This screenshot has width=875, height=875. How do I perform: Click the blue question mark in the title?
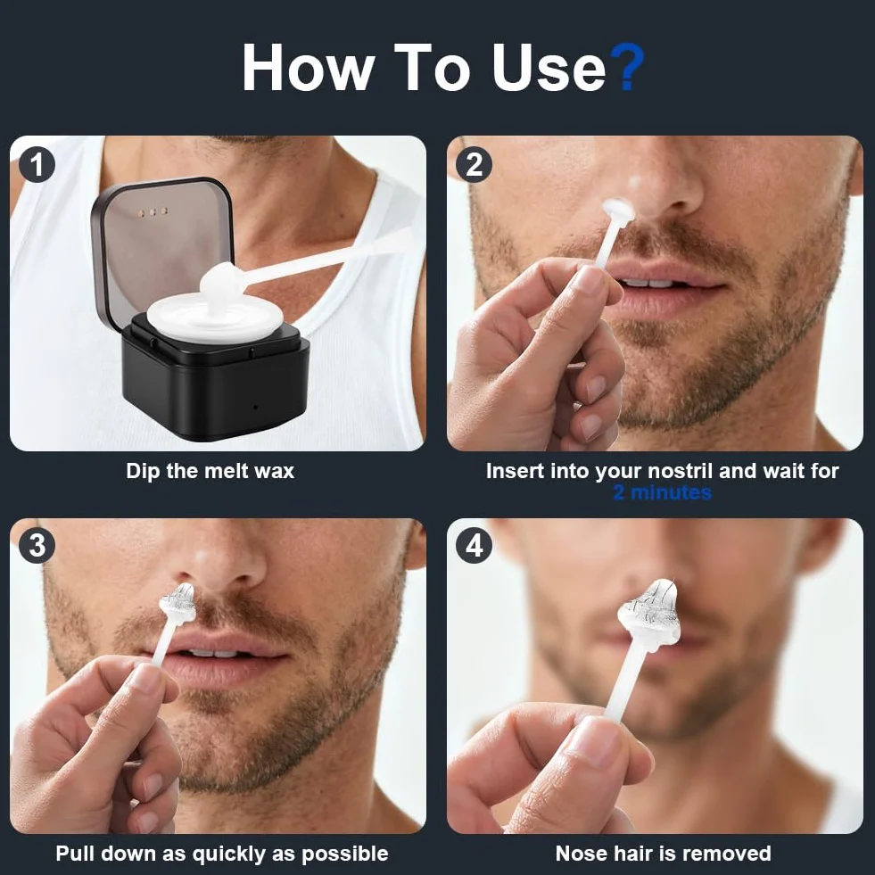coord(628,67)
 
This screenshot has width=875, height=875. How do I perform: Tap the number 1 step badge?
coord(37,165)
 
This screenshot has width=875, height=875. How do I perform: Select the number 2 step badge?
coord(474,165)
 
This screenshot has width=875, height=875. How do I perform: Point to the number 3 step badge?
coord(37,545)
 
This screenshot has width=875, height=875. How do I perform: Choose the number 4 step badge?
coord(474,545)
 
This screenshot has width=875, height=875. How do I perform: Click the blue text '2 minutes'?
coord(663,492)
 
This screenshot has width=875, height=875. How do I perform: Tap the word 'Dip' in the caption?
coord(143,471)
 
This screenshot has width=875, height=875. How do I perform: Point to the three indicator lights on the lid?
coord(153,212)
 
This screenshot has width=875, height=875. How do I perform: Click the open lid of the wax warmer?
coord(161,252)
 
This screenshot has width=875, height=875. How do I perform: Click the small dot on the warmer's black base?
coord(256,407)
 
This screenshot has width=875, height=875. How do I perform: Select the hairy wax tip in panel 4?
coord(649,612)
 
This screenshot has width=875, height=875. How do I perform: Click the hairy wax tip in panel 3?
coord(177,603)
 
